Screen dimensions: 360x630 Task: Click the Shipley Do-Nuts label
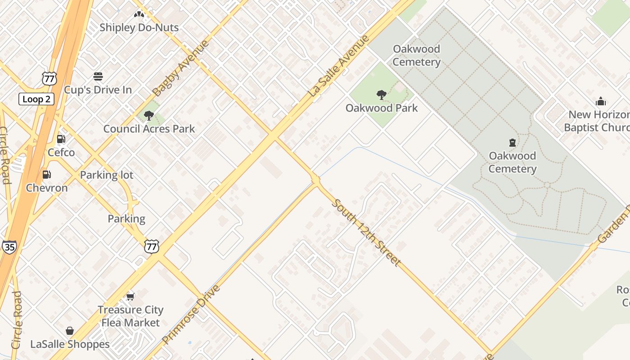point(139,27)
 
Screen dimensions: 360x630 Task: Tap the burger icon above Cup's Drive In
point(98,76)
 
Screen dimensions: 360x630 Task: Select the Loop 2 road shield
point(36,99)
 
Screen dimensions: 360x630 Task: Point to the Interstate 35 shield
point(9,247)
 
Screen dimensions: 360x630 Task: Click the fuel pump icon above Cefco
point(61,139)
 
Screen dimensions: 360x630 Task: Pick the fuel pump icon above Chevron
point(46,175)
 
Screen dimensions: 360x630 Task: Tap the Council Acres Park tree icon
point(149,116)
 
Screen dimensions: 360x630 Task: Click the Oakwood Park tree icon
point(381,95)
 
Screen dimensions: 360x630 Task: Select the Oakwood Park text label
point(382,108)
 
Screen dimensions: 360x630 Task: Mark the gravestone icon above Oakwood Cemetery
point(512,143)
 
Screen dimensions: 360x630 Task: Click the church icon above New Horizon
point(600,101)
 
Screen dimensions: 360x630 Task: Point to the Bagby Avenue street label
point(181,68)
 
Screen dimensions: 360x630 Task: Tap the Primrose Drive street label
point(191,315)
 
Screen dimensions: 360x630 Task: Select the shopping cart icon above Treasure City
point(130,297)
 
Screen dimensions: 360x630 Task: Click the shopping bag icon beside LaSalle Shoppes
point(70,331)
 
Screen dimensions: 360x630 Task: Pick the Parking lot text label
point(107,175)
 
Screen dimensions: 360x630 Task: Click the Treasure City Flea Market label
point(130,316)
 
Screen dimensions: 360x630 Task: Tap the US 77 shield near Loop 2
point(49,78)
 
